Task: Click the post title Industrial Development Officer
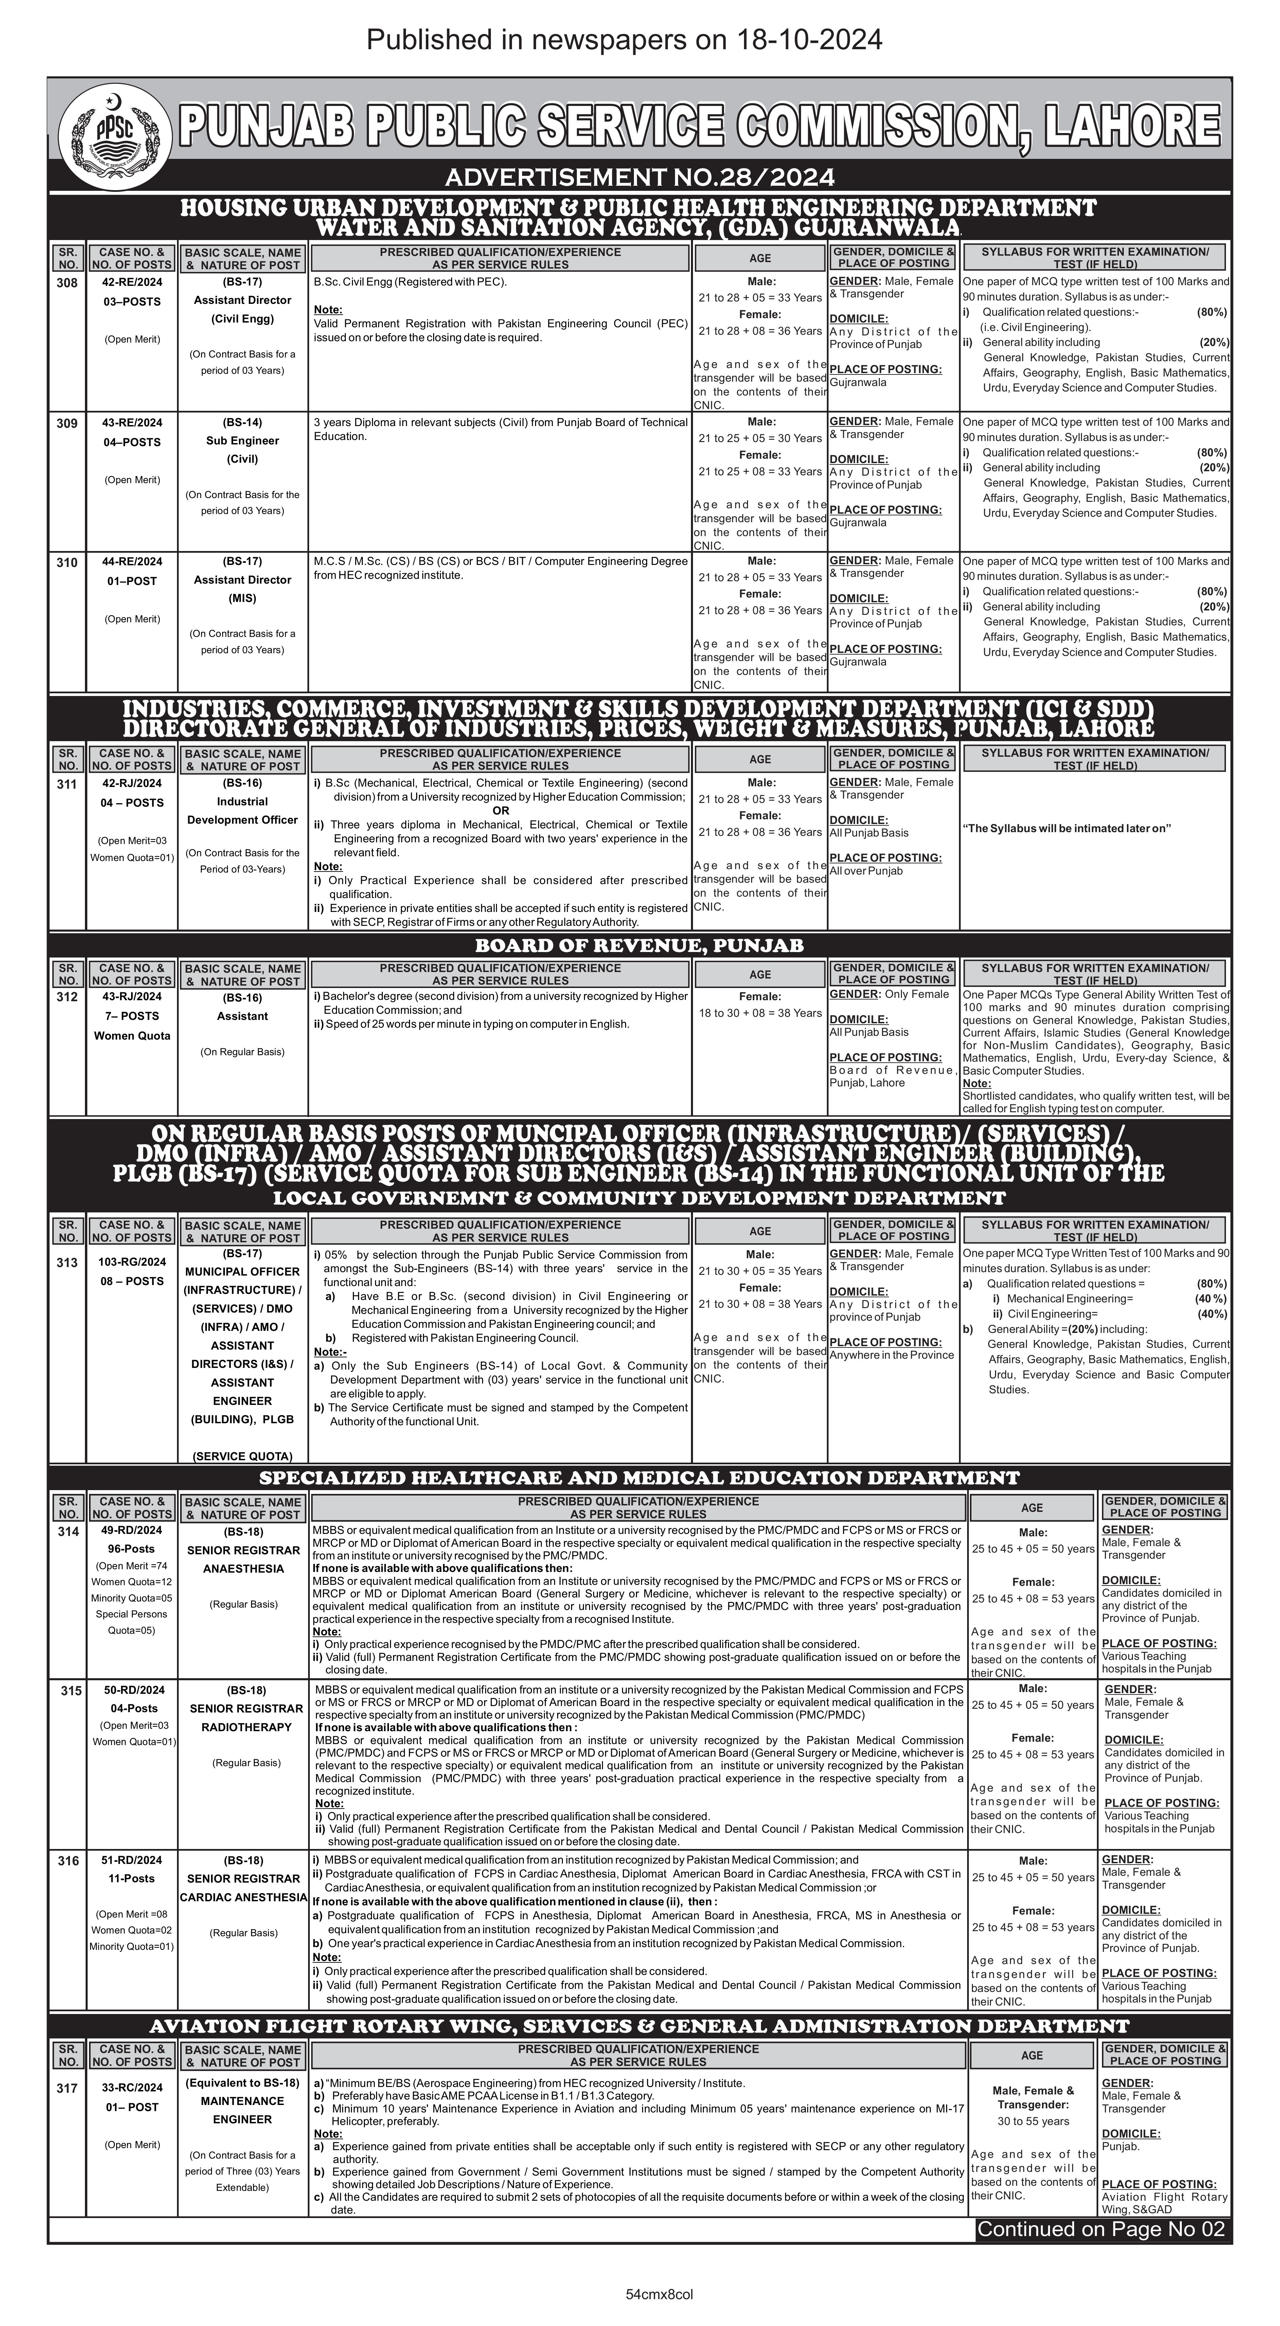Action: (242, 811)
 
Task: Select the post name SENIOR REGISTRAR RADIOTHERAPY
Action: (246, 1717)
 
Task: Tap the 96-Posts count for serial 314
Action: (132, 1549)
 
